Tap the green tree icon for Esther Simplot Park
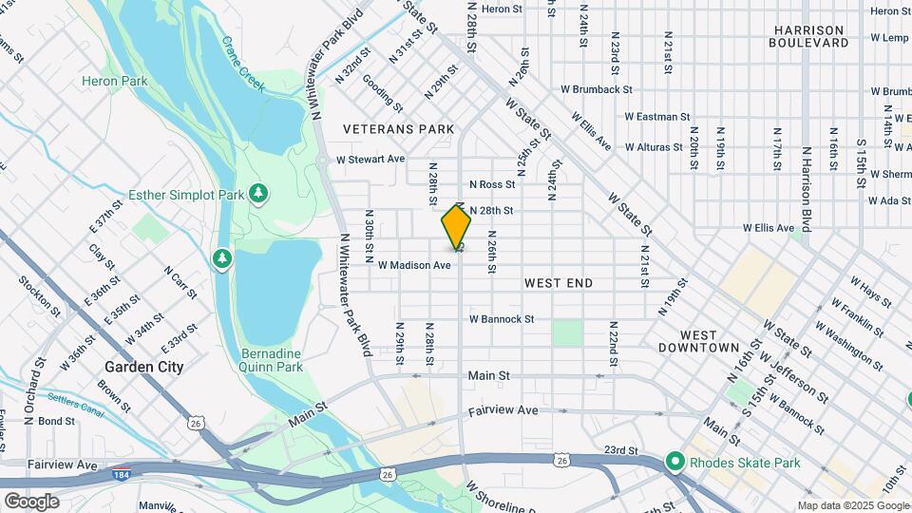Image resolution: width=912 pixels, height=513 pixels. [x=258, y=195]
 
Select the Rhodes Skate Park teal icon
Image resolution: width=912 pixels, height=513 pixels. [x=675, y=463]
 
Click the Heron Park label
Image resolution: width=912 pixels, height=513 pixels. [x=114, y=81]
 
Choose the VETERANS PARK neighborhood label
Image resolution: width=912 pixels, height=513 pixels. [x=398, y=128]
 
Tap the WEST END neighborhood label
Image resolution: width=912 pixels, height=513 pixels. [x=558, y=283]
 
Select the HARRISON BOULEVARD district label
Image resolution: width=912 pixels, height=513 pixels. [x=808, y=36]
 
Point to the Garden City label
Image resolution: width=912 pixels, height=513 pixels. [x=143, y=366]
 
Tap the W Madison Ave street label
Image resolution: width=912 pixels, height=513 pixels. [x=413, y=265]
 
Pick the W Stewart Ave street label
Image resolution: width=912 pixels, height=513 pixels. [x=370, y=159]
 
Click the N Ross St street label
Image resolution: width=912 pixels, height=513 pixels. [x=491, y=184]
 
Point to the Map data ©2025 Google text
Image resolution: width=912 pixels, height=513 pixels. [x=852, y=505]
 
